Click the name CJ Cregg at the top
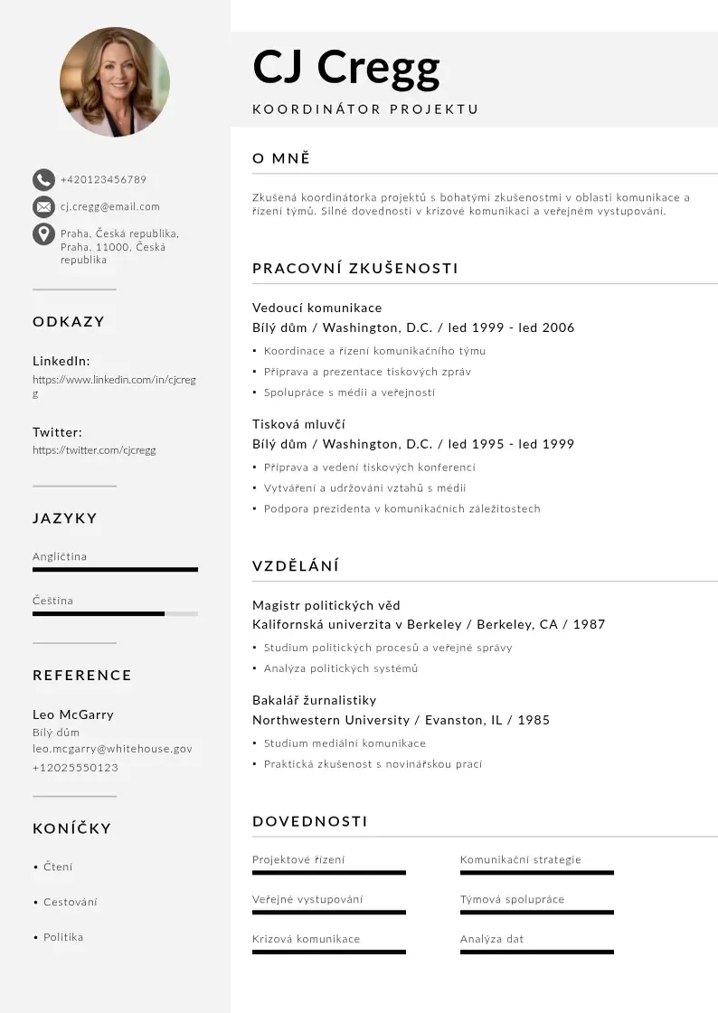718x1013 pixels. [346, 66]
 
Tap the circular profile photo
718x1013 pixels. [115, 81]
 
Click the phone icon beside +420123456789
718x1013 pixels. [43, 179]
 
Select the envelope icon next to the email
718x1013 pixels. [43, 207]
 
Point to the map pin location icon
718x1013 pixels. [43, 234]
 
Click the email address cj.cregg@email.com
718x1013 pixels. [110, 207]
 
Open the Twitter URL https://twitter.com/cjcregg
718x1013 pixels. [94, 450]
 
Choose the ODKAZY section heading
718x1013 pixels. [69, 322]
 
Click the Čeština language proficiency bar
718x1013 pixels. [115, 613]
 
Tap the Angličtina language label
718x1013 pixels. [60, 557]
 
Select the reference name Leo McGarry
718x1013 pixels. [73, 715]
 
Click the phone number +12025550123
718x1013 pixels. [75, 768]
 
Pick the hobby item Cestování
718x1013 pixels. [71, 903]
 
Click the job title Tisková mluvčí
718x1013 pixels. [298, 424]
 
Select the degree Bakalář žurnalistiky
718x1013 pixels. [314, 700]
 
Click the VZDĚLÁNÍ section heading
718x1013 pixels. [296, 567]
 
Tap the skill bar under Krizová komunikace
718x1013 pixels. [329, 951]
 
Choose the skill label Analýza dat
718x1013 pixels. [492, 939]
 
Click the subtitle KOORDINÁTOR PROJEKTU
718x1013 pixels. [365, 109]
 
